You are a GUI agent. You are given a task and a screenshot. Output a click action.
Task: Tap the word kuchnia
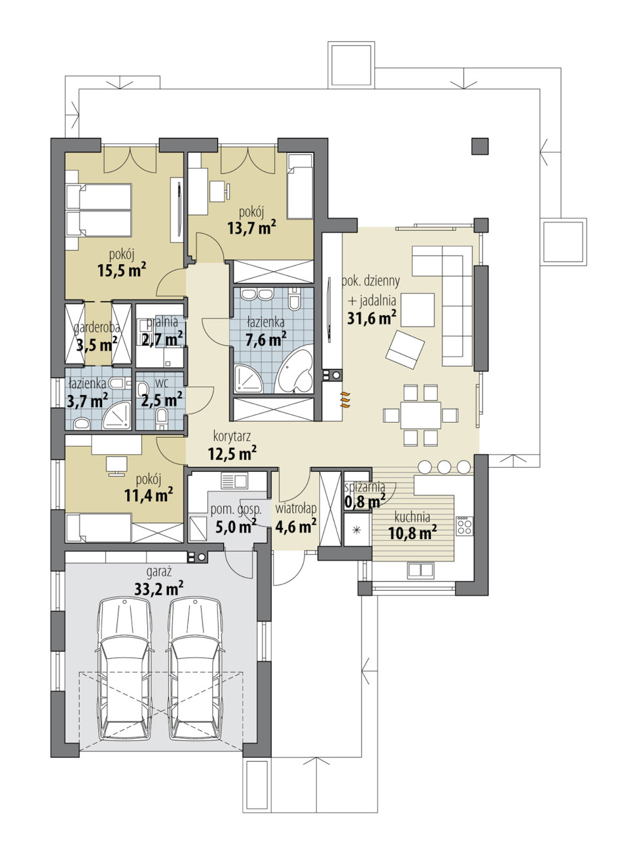[412, 517]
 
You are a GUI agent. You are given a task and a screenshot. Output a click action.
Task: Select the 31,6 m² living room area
[372, 317]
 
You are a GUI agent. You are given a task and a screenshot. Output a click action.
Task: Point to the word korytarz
[232, 436]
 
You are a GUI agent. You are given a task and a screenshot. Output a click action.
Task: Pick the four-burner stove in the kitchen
[464, 526]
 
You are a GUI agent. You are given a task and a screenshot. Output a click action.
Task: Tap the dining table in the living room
[420, 415]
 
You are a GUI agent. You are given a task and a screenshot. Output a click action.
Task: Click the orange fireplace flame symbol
[345, 399]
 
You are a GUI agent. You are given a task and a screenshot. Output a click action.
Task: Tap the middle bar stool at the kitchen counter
[444, 466]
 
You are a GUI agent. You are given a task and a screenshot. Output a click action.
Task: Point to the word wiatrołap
[296, 509]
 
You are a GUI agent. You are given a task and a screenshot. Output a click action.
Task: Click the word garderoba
[97, 328]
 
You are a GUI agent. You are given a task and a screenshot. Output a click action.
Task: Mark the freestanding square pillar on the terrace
[480, 146]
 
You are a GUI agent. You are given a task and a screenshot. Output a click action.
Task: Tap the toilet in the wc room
[162, 417]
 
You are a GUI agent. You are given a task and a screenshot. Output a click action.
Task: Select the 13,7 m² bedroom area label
[252, 229]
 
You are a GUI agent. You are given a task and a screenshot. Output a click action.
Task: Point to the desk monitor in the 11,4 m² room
[117, 466]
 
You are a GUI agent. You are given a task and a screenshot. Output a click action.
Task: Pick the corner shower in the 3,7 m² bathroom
[117, 415]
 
